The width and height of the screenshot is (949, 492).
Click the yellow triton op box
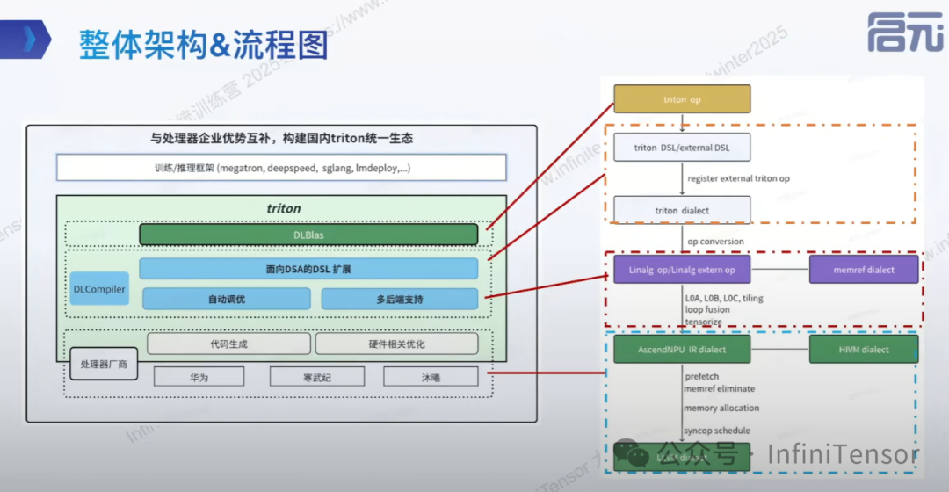click(x=682, y=99)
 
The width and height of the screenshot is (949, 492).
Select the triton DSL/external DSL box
click(x=682, y=148)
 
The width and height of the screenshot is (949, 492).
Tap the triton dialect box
click(x=682, y=210)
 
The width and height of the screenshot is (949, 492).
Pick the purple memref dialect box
click(x=863, y=270)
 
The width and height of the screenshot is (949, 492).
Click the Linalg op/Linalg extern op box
click(x=682, y=270)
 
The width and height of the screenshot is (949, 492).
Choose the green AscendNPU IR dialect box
click(x=682, y=349)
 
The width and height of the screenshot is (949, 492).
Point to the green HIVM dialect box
click(x=863, y=349)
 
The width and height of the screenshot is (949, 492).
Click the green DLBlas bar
click(x=308, y=235)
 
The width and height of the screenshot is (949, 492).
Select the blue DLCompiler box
click(x=99, y=288)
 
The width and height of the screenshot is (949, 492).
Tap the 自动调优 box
click(x=227, y=299)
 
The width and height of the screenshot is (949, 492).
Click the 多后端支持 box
click(x=400, y=299)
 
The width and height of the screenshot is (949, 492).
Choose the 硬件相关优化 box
click(x=396, y=344)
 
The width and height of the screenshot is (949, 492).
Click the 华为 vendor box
click(x=199, y=377)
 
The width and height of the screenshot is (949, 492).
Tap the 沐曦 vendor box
click(x=431, y=377)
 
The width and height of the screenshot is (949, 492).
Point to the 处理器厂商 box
click(x=104, y=364)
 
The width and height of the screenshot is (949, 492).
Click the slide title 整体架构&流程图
click(x=203, y=43)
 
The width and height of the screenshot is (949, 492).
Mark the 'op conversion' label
click(x=715, y=242)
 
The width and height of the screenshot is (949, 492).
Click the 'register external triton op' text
click(x=738, y=178)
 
